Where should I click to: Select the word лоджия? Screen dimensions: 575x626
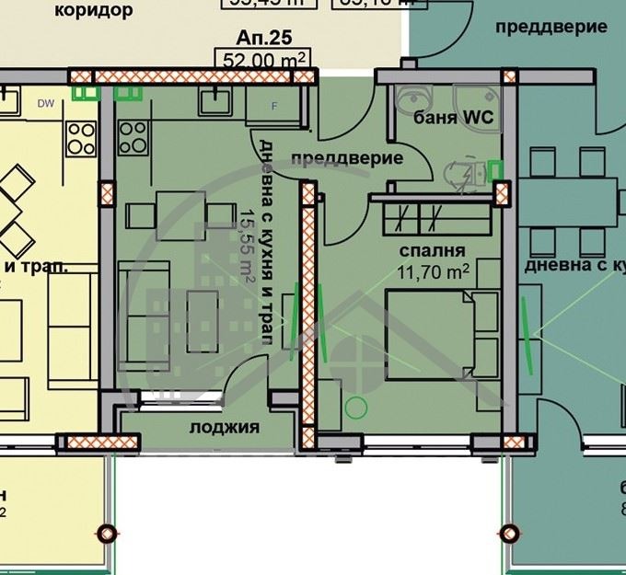tap(224, 427)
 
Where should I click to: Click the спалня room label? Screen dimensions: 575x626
tap(431, 250)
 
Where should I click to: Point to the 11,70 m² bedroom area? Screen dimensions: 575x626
tap(434, 270)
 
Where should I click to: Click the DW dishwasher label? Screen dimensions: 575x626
tap(45, 103)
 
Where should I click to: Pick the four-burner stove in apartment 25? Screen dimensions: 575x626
tap(132, 137)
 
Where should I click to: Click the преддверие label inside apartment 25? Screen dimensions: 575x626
tap(347, 158)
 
